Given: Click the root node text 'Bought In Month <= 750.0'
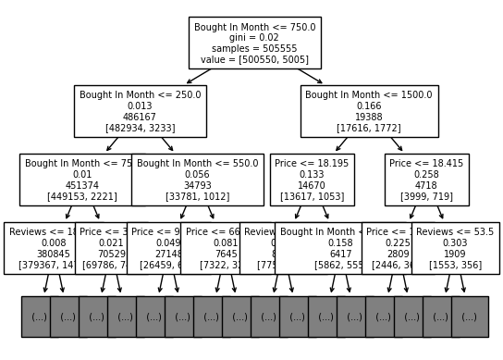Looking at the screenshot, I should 254,28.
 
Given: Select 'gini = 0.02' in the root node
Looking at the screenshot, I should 254,38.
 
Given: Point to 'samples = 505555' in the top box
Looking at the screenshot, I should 254,48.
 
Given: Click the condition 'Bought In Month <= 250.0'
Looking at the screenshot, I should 140,95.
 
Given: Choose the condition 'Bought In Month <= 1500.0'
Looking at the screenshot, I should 369,95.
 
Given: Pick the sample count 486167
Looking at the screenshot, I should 140,117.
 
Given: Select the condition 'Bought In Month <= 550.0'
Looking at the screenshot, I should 197,164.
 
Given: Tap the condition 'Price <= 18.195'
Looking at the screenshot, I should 312,164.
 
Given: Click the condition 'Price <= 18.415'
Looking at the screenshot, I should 426,164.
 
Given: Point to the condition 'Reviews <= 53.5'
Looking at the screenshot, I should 455,232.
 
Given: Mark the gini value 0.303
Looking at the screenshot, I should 455,243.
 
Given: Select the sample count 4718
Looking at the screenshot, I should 426,185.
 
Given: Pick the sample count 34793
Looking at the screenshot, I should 197,185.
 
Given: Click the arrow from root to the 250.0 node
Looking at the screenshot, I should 199,76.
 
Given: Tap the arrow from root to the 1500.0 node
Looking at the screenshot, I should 310,76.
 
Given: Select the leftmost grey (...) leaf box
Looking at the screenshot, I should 38,317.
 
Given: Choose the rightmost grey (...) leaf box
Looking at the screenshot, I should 470,317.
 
